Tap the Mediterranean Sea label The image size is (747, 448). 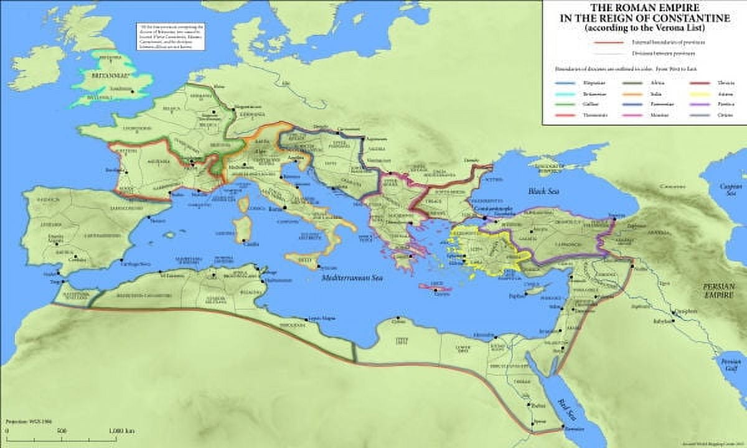tap(352, 279)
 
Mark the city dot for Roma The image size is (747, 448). tap(284, 207)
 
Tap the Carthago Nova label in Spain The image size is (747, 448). tap(139, 263)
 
